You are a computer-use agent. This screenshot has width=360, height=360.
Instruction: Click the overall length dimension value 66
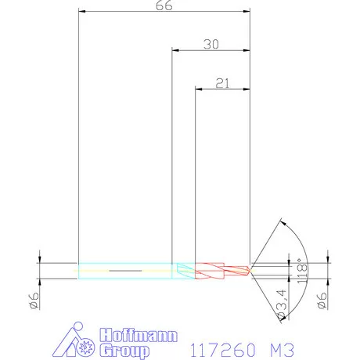click(x=164, y=5)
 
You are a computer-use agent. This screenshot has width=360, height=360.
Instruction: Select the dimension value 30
click(x=211, y=45)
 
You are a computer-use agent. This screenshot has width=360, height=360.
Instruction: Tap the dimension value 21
click(x=221, y=82)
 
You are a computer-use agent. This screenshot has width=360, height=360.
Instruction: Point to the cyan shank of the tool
click(x=125, y=270)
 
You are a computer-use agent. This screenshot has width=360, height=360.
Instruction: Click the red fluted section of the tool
click(x=219, y=270)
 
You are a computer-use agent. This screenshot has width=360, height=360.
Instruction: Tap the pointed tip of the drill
click(x=250, y=270)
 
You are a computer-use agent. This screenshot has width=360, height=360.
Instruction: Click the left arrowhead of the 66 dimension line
click(x=82, y=13)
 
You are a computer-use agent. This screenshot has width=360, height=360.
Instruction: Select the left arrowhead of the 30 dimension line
click(x=175, y=51)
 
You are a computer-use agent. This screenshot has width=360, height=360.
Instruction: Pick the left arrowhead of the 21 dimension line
click(x=197, y=88)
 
